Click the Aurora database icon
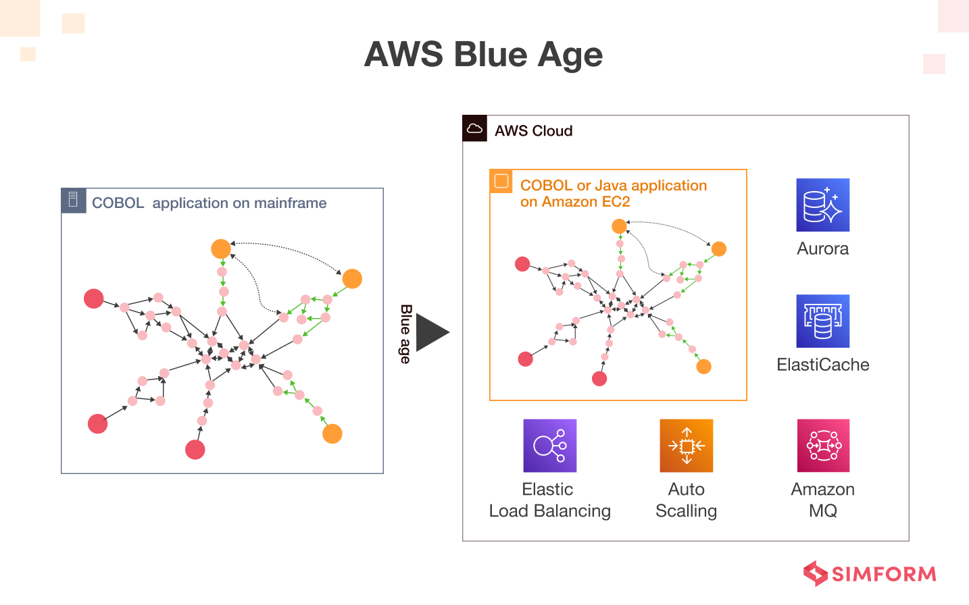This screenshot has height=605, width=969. (x=822, y=205)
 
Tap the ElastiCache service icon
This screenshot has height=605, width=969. (x=822, y=321)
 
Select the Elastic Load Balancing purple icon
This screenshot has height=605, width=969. (x=549, y=446)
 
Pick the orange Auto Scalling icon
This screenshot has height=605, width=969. (x=686, y=446)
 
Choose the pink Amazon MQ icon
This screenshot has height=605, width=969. (x=823, y=446)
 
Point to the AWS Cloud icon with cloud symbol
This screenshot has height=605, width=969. (x=475, y=128)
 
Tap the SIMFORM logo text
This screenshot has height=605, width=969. (x=883, y=575)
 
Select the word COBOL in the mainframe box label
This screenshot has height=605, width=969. (x=118, y=203)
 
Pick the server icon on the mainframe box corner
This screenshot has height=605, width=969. (x=74, y=200)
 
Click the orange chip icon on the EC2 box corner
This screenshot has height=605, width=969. (x=501, y=181)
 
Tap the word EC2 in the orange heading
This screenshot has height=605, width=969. (x=616, y=202)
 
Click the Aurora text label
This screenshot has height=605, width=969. (x=822, y=249)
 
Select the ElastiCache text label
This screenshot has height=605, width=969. (x=822, y=365)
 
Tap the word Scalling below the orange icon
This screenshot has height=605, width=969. (x=686, y=511)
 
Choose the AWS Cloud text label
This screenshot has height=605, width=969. (x=533, y=131)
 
